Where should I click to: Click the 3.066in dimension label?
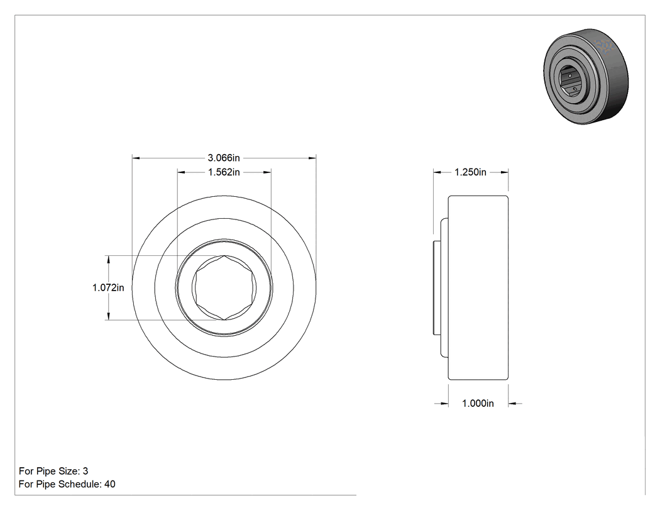224,158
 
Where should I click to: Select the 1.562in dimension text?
224,172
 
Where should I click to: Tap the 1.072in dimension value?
108,287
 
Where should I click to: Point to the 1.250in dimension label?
470,172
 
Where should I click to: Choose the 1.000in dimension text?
478,404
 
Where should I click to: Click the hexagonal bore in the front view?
224,287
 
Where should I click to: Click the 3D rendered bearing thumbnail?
586,76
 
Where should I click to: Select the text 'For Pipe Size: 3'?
53,471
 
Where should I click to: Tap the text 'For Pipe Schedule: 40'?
67,484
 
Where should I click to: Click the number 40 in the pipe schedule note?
110,484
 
